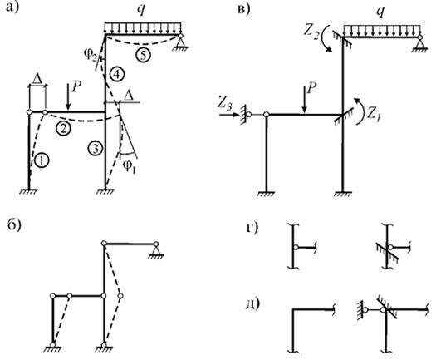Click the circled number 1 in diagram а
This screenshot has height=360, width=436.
(42, 161)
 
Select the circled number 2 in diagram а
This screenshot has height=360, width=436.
(63, 129)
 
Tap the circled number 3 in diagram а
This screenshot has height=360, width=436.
(96, 148)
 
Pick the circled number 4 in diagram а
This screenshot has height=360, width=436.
(116, 74)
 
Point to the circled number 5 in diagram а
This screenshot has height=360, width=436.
(144, 55)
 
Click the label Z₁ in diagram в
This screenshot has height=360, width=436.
(373, 114)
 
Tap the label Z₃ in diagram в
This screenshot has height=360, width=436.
(225, 105)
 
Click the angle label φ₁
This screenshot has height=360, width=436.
(130, 167)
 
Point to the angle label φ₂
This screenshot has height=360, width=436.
(91, 54)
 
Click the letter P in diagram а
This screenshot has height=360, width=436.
(76, 87)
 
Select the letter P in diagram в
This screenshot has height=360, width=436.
(312, 89)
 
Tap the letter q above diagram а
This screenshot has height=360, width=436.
(141, 10)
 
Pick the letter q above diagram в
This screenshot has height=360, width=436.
(380, 12)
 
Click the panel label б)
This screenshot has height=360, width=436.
(14, 225)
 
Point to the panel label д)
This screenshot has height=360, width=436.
(252, 303)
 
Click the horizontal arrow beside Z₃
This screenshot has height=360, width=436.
(229, 115)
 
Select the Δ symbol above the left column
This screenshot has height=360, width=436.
(37, 79)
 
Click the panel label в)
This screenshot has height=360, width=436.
(244, 9)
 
